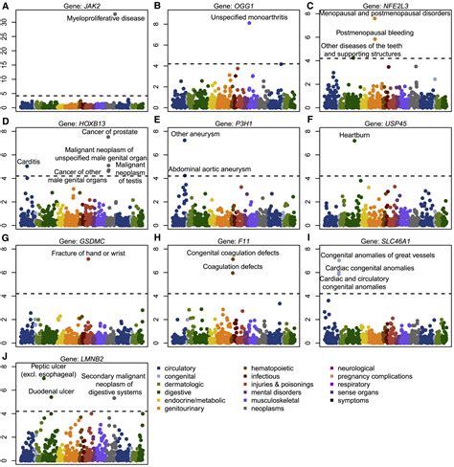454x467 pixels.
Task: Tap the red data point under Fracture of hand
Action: tap(88, 259)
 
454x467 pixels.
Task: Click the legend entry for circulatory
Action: tap(181, 368)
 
